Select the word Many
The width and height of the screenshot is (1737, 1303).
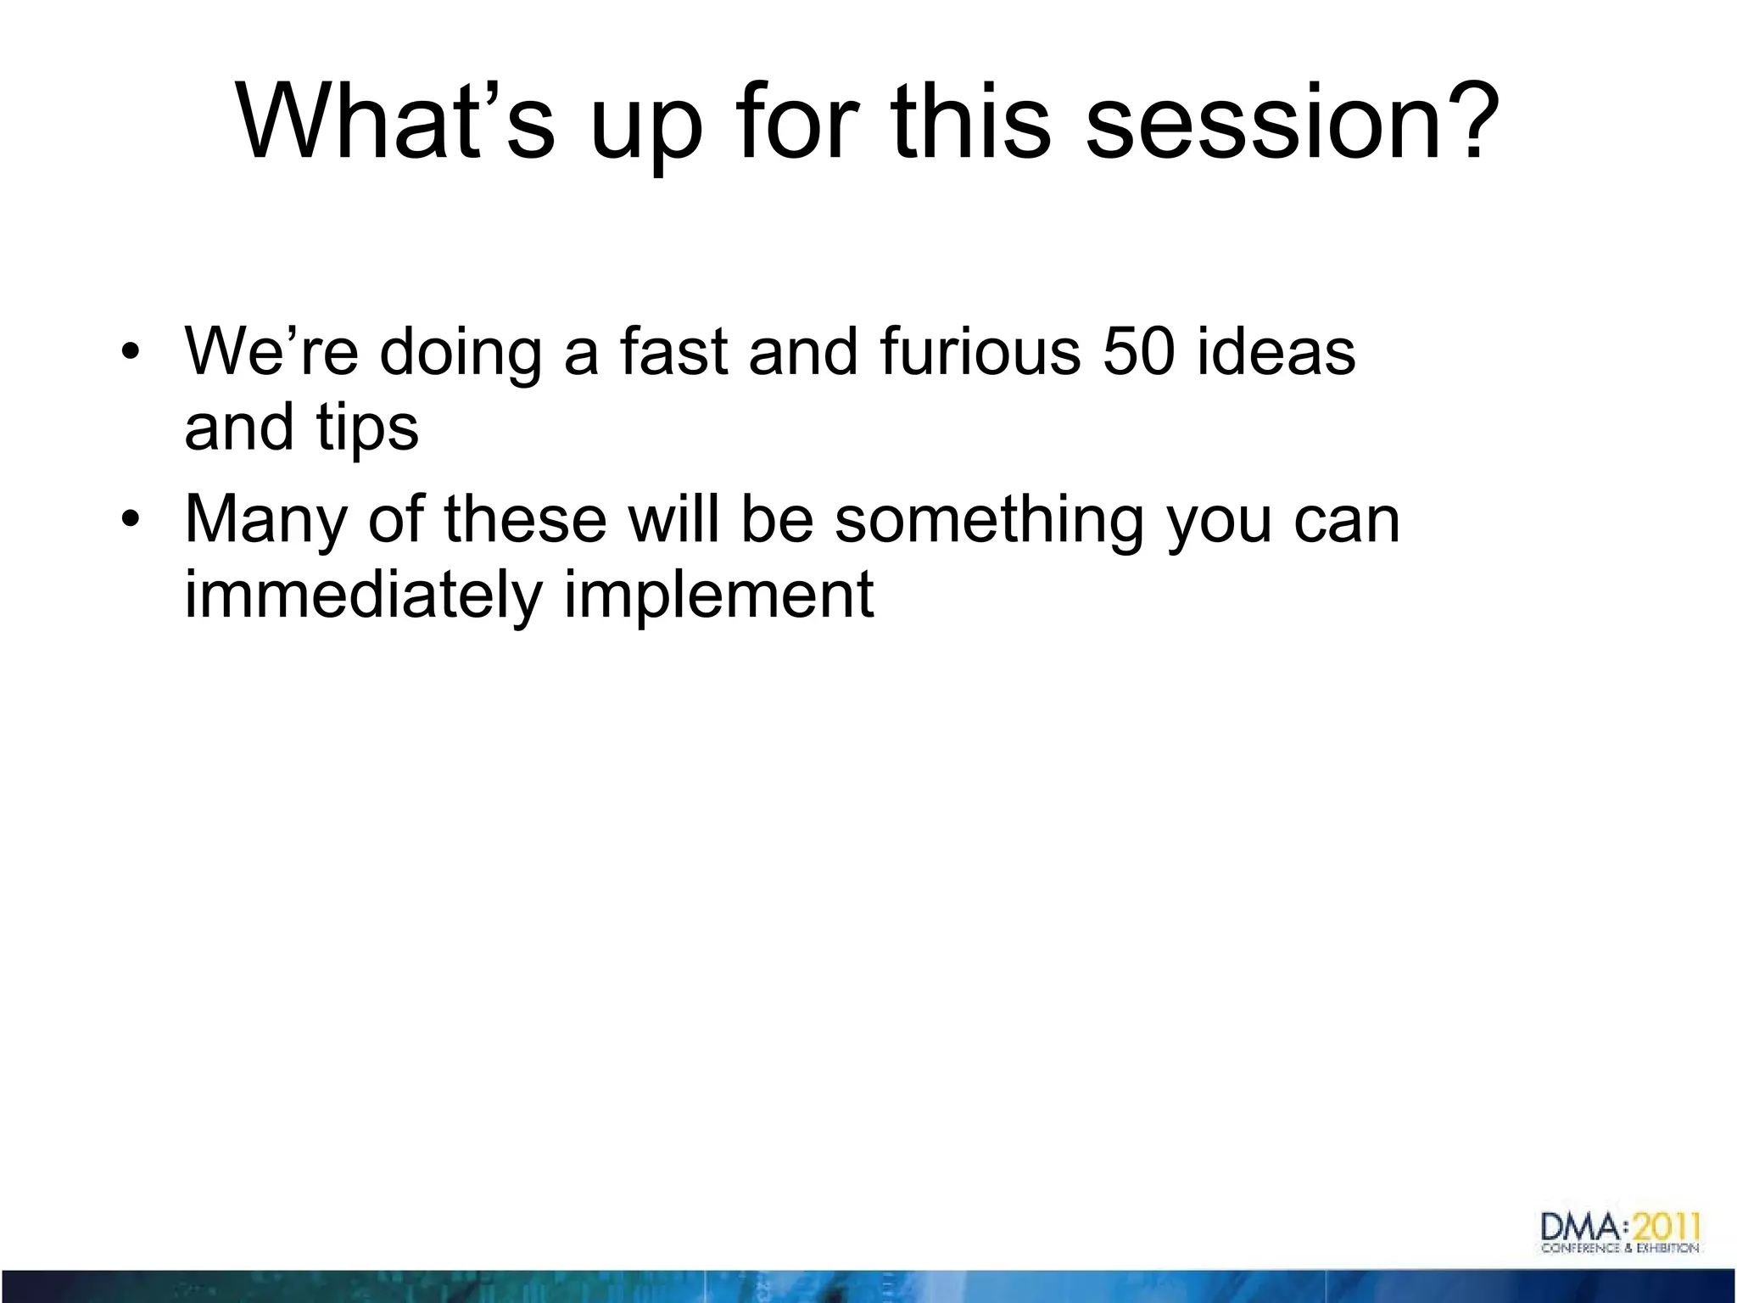(265, 520)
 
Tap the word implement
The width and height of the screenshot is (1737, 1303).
(718, 596)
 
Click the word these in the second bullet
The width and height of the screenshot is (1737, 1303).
(525, 520)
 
